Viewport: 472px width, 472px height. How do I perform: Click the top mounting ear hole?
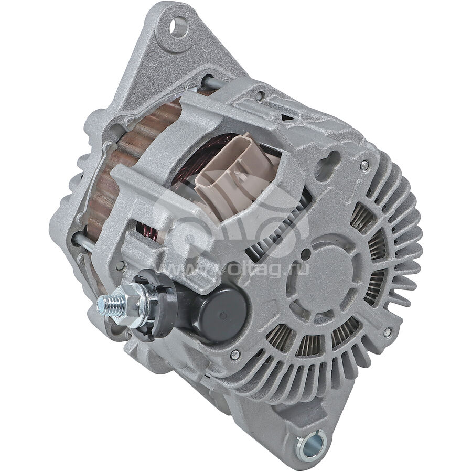tap(178, 27)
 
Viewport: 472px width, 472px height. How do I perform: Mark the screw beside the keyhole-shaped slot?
tap(364, 164)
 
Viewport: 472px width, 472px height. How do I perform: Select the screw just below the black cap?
tap(234, 355)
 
